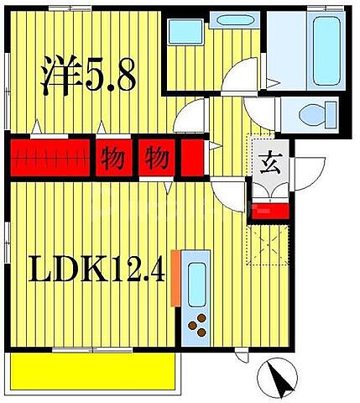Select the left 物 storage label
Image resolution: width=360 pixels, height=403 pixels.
coord(113,157)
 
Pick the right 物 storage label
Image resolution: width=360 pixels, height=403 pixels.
coord(156,157)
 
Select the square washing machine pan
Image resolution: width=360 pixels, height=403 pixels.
coord(182,33)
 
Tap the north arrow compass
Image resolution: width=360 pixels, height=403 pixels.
coord(279,377)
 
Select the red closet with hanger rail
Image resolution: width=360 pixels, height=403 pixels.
coord(51,157)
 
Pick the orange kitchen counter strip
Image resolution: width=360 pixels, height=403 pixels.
coord(175,278)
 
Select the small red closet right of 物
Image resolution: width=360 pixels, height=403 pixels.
coord(192,157)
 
